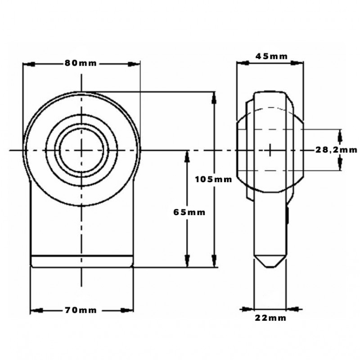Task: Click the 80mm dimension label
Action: click(81, 63)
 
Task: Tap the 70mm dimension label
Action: click(81, 310)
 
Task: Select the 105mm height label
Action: click(213, 179)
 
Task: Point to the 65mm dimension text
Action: click(189, 212)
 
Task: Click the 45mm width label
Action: click(271, 56)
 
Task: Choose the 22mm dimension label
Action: click(271, 318)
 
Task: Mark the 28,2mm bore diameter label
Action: click(336, 150)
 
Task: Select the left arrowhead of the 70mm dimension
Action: click(37, 310)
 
